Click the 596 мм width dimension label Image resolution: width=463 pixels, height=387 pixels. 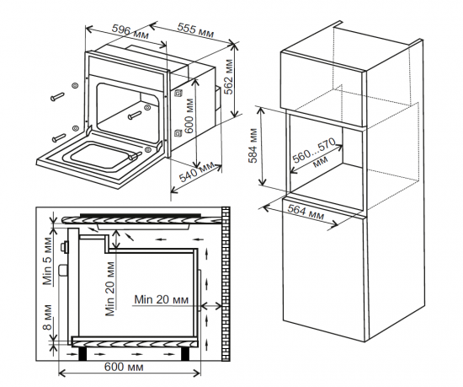[133, 32]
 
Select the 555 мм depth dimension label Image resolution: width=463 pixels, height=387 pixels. [195, 32]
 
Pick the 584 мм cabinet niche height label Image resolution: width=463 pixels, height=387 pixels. [254, 150]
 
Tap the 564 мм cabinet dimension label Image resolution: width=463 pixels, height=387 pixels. [305, 211]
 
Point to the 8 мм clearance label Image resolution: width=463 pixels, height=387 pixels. [48, 320]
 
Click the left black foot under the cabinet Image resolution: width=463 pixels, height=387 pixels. [82, 353]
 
